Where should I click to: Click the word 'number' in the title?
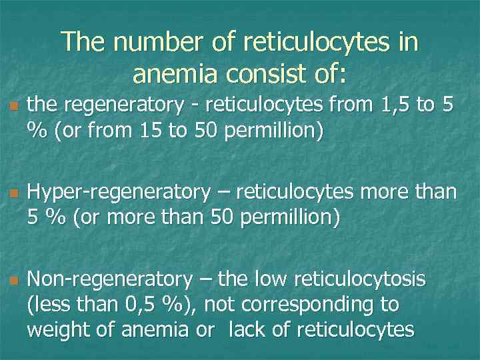click(153, 43)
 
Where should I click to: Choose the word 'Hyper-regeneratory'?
click(118, 193)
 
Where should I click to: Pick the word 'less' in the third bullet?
click(48, 305)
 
